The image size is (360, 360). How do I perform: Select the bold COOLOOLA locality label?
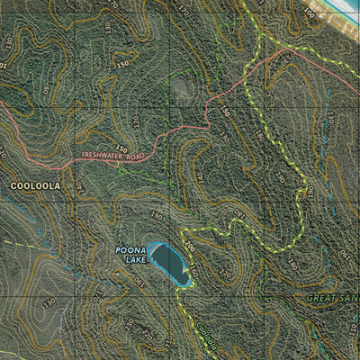tap(35, 186)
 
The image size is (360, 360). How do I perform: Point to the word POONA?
tap(130, 250)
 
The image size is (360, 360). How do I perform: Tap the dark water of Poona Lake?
tap(170, 261)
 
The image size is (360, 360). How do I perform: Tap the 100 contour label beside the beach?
tap(309, 13)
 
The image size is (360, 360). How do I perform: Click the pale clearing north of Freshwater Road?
tap(181, 87)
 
